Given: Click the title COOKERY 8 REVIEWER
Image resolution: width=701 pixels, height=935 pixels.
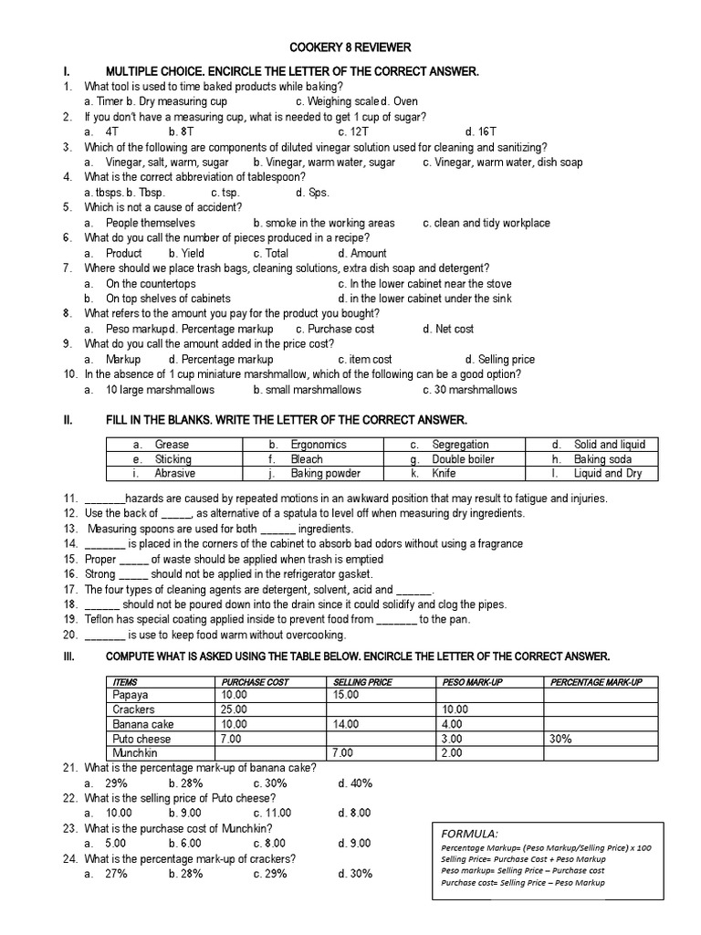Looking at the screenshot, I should pyautogui.click(x=350, y=47).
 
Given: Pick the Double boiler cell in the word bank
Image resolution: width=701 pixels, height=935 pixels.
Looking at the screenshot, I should pyautogui.click(x=463, y=459).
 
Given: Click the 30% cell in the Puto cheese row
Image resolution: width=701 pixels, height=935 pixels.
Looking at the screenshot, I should pyautogui.click(x=560, y=739).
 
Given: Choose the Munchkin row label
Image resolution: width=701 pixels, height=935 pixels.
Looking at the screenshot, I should pyautogui.click(x=135, y=753).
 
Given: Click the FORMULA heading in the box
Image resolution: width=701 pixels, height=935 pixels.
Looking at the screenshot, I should pyautogui.click(x=469, y=834).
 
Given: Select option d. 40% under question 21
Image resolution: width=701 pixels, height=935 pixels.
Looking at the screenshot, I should pyautogui.click(x=355, y=783).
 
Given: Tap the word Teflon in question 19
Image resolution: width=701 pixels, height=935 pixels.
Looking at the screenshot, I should pyautogui.click(x=100, y=619).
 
